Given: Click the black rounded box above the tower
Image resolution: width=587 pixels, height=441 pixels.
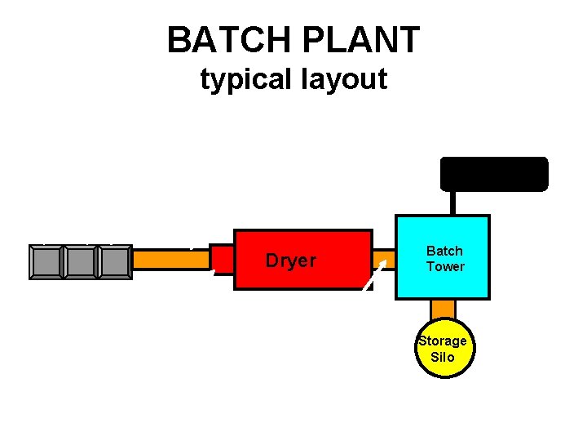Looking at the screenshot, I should coord(494,174).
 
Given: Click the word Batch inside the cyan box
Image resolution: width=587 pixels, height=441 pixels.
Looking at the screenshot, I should coord(444,251).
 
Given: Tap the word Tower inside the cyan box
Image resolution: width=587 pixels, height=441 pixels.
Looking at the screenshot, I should coord(444,266).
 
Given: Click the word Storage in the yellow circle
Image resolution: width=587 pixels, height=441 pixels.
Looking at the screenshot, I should coord(443,341).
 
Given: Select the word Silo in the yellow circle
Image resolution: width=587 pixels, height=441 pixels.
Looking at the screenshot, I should coord(443,357).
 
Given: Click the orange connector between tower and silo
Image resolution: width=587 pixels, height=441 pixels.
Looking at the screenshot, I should coord(443,310).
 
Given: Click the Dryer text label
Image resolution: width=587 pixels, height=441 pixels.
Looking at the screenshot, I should coord(290,261).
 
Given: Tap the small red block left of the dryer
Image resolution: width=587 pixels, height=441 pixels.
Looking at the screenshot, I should coord(222,259).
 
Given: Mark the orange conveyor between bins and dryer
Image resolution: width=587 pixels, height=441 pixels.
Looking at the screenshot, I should coord(170,260).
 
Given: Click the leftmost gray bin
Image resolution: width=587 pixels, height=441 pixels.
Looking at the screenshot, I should coord(46,262).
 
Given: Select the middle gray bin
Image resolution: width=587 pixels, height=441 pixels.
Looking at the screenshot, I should coord(81,262).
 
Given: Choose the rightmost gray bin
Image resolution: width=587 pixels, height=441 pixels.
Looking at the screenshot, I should coord(115,262).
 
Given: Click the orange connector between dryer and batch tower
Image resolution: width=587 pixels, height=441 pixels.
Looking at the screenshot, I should coord(385,261).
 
